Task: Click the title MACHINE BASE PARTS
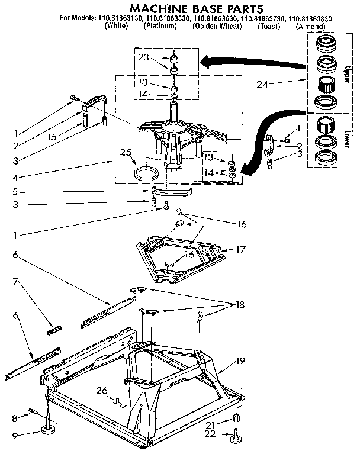[179, 9]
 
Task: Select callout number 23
[143, 58]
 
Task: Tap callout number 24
[262, 84]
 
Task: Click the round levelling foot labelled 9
[47, 428]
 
